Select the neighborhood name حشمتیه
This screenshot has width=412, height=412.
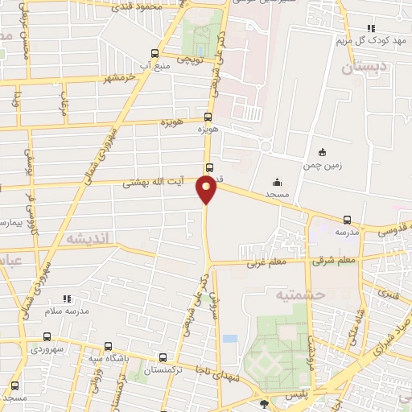pos(299,296)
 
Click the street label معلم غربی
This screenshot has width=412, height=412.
pos(266,262)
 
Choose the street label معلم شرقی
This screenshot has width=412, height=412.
pos(336,260)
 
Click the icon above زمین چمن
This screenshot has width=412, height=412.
pos(323,152)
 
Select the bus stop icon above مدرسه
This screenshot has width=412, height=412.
pos(348,220)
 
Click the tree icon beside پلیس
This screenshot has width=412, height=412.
pos(265,402)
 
